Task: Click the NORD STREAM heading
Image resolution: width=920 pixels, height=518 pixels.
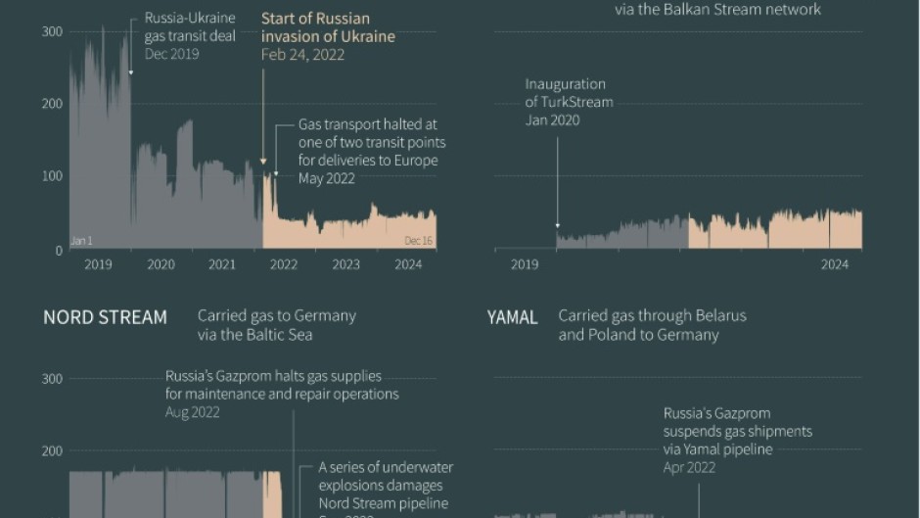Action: (x=105, y=317)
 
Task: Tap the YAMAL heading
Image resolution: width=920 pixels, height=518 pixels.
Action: (x=513, y=317)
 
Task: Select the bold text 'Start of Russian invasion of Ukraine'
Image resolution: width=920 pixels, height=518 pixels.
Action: (x=328, y=27)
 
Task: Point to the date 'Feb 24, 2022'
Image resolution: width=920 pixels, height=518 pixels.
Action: (x=302, y=54)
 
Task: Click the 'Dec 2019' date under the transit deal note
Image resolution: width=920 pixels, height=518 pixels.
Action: (x=171, y=54)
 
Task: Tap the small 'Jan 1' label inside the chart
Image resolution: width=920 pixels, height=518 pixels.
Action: (x=81, y=241)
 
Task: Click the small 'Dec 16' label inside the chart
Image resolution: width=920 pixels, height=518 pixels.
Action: (x=418, y=241)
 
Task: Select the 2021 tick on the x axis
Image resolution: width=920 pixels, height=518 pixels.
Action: (x=222, y=264)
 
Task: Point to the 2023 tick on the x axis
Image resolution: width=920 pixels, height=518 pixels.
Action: (x=345, y=264)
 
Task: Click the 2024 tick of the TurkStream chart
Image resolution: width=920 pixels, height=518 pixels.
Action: (x=834, y=264)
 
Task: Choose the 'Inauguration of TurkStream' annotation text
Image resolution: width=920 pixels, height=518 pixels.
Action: (x=569, y=93)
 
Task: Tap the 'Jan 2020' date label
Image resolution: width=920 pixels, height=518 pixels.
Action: (x=552, y=120)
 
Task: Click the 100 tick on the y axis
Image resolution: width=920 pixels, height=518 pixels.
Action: (x=51, y=176)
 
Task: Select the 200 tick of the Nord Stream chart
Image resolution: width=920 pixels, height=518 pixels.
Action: (x=51, y=451)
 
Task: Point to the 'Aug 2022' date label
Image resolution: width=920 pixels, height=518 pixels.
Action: (x=192, y=412)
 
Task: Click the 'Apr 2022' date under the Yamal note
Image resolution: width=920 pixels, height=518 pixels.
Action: (x=689, y=467)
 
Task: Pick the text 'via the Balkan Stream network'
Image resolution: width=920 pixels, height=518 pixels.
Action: (x=717, y=10)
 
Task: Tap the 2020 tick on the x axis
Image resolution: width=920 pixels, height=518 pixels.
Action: (x=161, y=264)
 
